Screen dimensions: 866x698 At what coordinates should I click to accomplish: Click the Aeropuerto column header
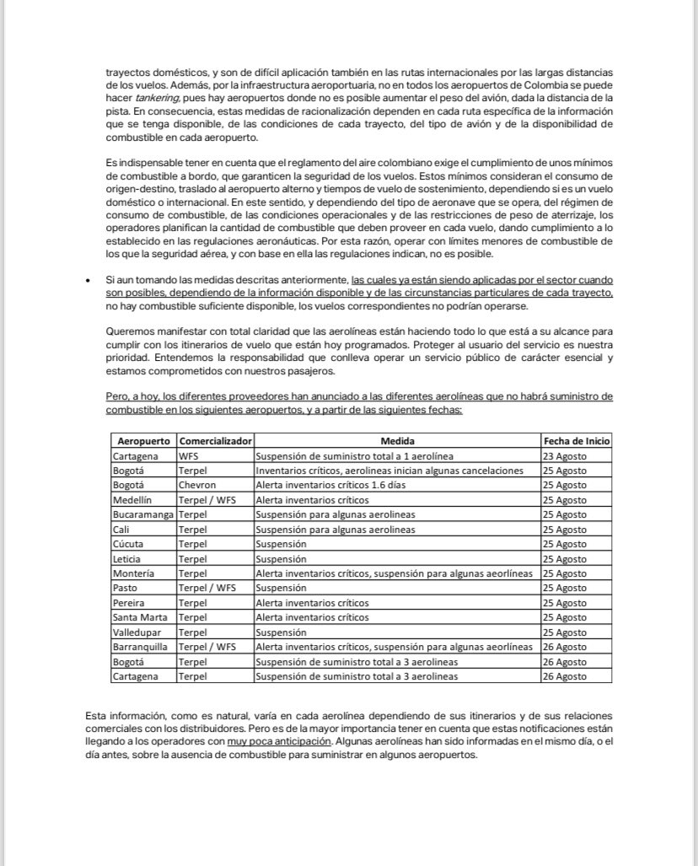pyautogui.click(x=143, y=441)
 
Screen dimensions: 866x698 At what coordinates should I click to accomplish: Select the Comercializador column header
pyautogui.click(x=215, y=441)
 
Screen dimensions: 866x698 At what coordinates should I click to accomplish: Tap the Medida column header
pyautogui.click(x=397, y=441)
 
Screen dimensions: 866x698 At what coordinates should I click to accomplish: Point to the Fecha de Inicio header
pyautogui.click(x=577, y=441)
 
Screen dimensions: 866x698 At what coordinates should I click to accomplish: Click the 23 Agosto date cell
pyautogui.click(x=565, y=455)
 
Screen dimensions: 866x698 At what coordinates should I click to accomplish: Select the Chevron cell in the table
pyautogui.click(x=196, y=485)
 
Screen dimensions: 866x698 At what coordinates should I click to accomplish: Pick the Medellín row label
pyautogui.click(x=133, y=500)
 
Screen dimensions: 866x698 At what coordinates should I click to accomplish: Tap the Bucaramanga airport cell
pyautogui.click(x=142, y=514)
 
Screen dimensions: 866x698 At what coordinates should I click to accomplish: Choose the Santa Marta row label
pyautogui.click(x=139, y=617)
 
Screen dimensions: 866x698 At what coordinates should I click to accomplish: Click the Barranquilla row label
pyautogui.click(x=140, y=647)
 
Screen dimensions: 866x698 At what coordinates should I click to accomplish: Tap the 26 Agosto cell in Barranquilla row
pyautogui.click(x=565, y=647)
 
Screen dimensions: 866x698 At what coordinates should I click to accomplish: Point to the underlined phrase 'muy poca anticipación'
pyautogui.click(x=278, y=742)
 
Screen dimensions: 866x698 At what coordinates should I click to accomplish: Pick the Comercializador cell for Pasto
pyautogui.click(x=206, y=588)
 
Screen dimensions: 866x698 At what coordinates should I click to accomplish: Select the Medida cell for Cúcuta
pyautogui.click(x=281, y=544)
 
